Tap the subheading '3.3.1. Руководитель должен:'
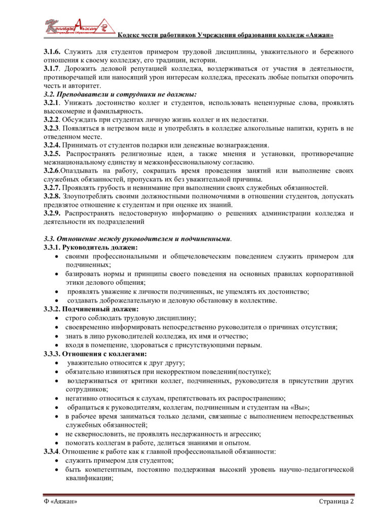click(90, 247)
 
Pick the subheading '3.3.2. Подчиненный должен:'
click(91, 309)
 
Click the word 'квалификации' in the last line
click(89, 478)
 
